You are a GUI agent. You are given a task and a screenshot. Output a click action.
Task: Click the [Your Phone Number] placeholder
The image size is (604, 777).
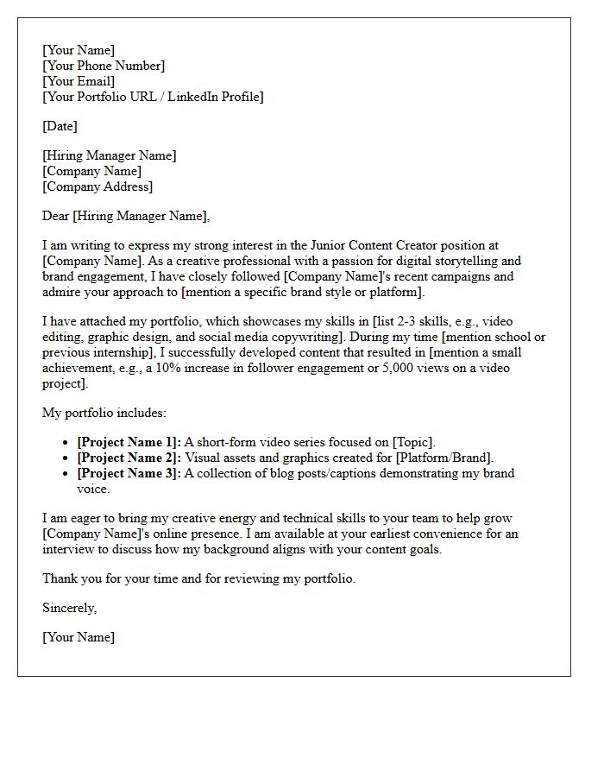coord(104,66)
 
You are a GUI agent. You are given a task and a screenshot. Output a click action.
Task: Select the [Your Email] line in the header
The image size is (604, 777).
coord(79,81)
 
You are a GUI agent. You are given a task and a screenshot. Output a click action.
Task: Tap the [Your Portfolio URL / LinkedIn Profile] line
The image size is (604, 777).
coord(153,97)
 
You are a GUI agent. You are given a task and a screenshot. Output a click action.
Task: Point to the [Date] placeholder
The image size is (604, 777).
coord(60,126)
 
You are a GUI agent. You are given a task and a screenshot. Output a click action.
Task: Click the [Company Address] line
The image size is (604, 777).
coord(98,186)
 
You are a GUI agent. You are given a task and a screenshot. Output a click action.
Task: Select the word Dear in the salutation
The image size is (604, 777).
coord(56,216)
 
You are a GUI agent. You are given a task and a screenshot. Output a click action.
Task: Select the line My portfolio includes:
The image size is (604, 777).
coord(104,413)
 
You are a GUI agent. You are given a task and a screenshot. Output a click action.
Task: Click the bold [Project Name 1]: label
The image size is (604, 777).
coord(129,442)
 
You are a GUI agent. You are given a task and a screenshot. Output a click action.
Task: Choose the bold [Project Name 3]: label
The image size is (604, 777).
coord(129,473)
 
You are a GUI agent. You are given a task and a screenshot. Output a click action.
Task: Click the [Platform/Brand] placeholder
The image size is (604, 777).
coord(443,458)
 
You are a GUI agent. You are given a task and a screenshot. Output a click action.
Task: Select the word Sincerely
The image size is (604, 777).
coord(69,608)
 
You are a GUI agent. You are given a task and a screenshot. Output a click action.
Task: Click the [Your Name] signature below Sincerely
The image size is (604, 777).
coord(79,637)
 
